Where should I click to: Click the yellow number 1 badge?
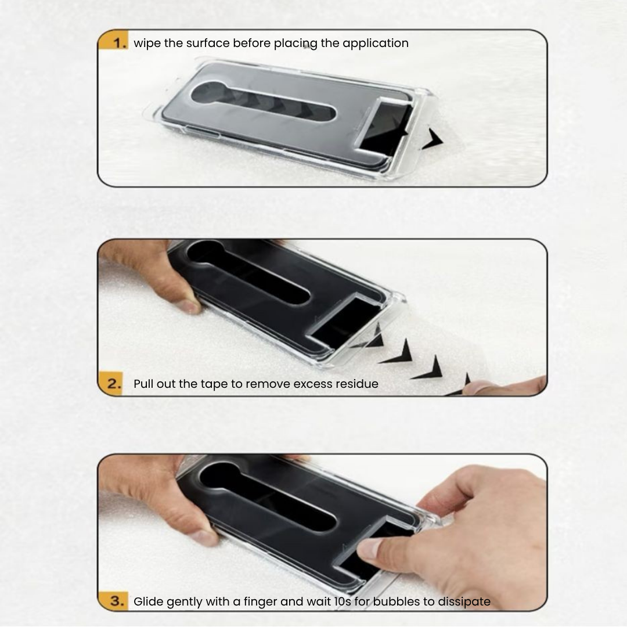pos(114,40)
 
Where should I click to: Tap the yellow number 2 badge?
pos(111,384)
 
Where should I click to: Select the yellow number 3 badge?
pos(114,601)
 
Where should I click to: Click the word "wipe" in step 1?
pos(147,44)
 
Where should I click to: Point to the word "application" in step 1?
pos(376,44)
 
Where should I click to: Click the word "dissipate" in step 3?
pos(464,602)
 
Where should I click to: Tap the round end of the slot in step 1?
pos(208,93)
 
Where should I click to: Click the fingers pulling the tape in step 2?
pos(505,385)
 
